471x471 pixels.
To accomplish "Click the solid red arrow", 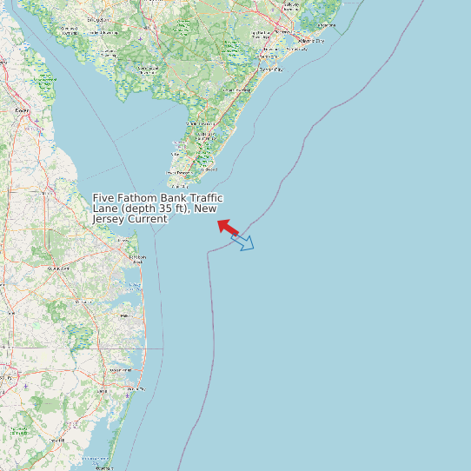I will tap(228, 228).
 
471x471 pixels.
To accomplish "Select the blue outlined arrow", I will tap(243, 242).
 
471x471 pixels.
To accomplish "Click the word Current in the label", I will tap(148, 219).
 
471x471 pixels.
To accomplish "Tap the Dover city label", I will tap(23, 111).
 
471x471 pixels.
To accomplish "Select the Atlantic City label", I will tap(310, 41).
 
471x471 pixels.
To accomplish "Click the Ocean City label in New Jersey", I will tap(271, 70).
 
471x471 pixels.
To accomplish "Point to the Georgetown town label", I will tap(58, 269).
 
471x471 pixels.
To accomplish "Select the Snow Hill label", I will tap(57, 440).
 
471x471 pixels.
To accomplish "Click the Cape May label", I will tap(180, 185).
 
